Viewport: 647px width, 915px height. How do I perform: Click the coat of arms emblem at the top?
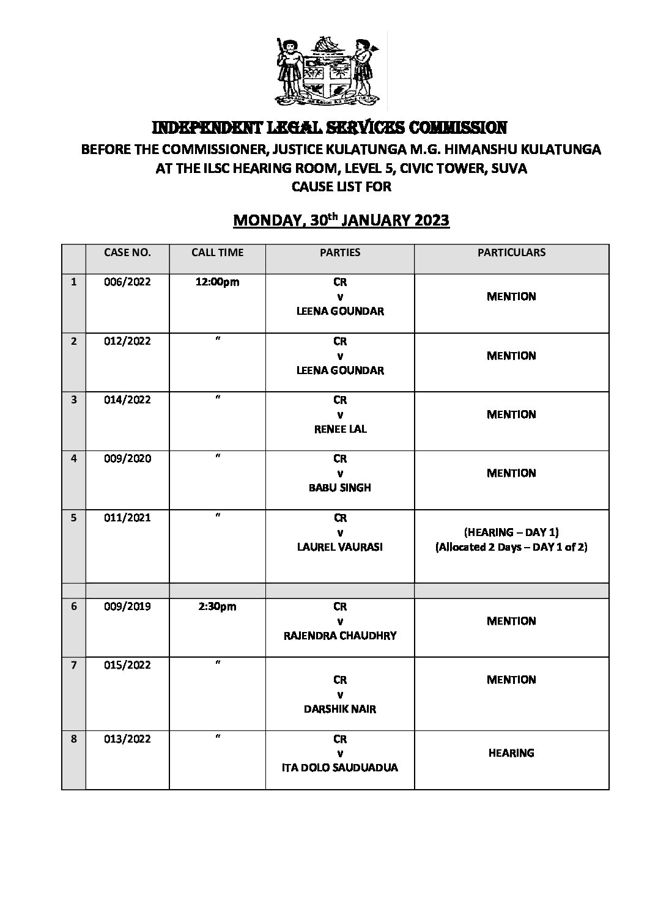(328, 68)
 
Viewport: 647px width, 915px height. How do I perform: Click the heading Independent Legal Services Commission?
(329, 128)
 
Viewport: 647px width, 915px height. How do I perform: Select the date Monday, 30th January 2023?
(341, 220)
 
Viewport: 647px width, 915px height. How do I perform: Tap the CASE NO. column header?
(127, 252)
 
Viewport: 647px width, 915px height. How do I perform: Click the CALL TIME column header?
(217, 252)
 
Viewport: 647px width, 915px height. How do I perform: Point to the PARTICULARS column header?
(511, 252)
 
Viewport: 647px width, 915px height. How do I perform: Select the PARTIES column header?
(340, 252)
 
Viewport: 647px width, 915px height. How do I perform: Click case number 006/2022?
(127, 282)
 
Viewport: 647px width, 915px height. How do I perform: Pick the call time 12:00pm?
(217, 282)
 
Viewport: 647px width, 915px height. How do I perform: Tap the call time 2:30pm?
(217, 606)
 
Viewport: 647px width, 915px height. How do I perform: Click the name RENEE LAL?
(340, 429)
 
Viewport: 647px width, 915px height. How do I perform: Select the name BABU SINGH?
(340, 488)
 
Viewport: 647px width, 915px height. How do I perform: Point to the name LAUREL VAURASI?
(340, 547)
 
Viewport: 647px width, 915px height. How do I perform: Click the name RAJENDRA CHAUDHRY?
(340, 636)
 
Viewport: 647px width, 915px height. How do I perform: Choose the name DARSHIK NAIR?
(340, 709)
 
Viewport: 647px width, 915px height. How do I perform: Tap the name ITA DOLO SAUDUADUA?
(340, 768)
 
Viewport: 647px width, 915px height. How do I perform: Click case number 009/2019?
(127, 606)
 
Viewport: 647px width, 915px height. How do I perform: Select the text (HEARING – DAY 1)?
(511, 532)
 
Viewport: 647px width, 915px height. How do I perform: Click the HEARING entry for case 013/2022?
(511, 753)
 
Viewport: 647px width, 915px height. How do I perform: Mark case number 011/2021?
(127, 518)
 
